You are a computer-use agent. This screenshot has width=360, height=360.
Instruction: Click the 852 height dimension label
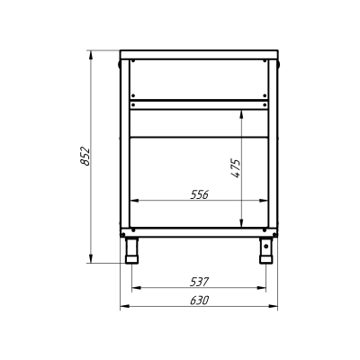coord(85,156)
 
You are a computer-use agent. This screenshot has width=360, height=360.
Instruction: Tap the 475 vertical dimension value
coord(237,168)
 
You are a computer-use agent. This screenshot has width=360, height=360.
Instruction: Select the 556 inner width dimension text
coord(199,195)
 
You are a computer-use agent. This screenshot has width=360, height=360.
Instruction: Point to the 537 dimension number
coord(199,282)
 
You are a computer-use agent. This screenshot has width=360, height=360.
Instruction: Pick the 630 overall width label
coord(199,301)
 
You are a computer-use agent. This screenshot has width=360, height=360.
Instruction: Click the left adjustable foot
coord(132,250)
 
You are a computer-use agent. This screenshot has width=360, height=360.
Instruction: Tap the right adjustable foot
coord(265,250)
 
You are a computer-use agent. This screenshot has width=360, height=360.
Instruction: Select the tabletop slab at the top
coord(199,55)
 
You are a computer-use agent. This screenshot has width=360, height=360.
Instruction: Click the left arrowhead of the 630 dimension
coord(124,306)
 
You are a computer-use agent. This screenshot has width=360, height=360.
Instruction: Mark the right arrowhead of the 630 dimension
coord(274,306)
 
